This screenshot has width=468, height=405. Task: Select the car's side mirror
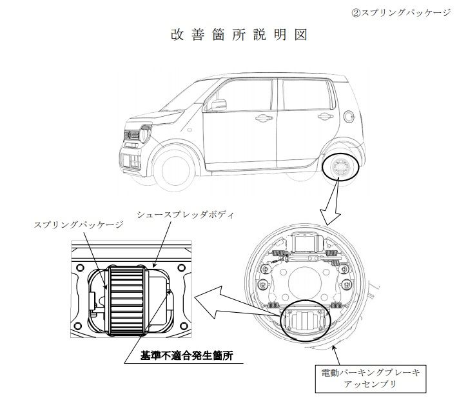click(220, 104)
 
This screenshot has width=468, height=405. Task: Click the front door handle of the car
click(263, 117)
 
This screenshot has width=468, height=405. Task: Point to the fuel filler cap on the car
click(348, 116)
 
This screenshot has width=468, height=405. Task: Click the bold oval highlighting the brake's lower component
click(306, 320)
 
